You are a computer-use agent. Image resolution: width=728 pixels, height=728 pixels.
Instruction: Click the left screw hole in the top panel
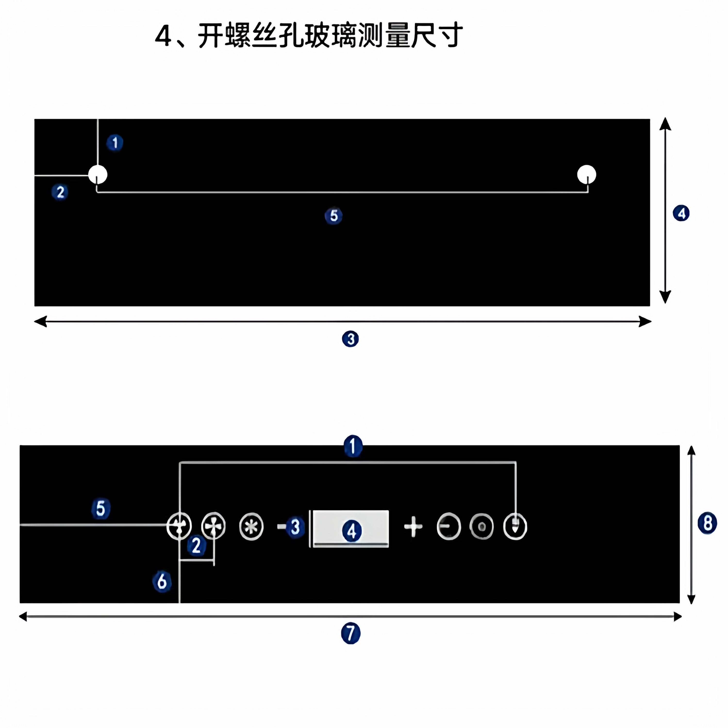pos(98,174)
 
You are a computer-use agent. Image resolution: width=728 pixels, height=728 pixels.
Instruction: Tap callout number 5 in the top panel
pos(333,216)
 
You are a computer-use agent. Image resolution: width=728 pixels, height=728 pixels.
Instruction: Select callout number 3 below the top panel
pos(350,339)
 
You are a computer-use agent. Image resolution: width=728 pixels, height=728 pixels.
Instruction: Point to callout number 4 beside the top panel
pos(681,213)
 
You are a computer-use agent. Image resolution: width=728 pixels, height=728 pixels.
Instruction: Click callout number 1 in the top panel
pos(115,143)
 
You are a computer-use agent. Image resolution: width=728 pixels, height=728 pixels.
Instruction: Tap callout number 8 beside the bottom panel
pos(707,523)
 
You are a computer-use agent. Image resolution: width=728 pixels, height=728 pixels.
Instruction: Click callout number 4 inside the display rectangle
pos(352,531)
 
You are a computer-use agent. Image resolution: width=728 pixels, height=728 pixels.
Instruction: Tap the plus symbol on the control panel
pos(413,526)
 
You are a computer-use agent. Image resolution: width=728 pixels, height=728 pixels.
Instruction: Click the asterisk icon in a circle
pos(251,526)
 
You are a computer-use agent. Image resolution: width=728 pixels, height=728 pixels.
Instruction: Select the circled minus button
pos(448,526)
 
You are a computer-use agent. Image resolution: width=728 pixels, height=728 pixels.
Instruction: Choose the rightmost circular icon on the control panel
pos(515,526)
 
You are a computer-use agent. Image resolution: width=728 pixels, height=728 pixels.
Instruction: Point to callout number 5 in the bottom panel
pos(101,509)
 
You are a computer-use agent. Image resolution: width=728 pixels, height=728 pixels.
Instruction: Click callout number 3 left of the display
pos(295,527)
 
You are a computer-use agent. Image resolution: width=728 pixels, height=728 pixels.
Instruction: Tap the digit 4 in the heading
pos(163,37)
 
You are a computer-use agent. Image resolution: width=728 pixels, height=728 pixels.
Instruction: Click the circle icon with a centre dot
pos(481,526)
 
